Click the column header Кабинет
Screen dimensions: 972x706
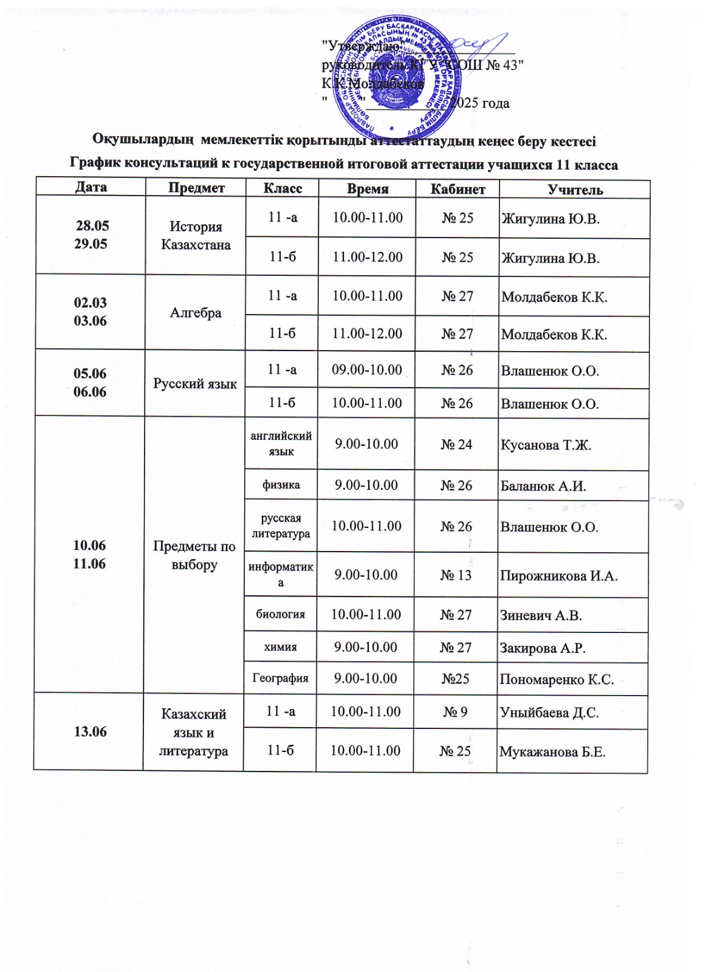pyautogui.click(x=458, y=189)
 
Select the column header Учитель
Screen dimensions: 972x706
pyautogui.click(x=575, y=190)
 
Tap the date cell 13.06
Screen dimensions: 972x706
pyautogui.click(x=90, y=731)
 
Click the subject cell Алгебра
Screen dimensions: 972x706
pyautogui.click(x=196, y=313)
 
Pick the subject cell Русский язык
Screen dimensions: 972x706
pyautogui.click(x=195, y=383)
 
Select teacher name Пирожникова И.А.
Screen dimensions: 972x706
pyautogui.click(x=558, y=576)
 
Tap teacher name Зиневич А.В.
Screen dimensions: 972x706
pyautogui.click(x=541, y=615)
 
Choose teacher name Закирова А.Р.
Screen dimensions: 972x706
pyautogui.click(x=543, y=648)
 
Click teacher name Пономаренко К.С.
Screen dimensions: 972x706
pyautogui.click(x=557, y=679)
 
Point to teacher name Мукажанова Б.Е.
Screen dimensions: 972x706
pyautogui.click(x=552, y=752)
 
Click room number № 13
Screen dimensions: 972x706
pyautogui.click(x=456, y=575)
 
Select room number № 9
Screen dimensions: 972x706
pyautogui.click(x=455, y=711)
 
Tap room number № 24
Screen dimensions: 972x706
pyautogui.click(x=456, y=444)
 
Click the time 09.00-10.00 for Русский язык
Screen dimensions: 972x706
pyautogui.click(x=367, y=369)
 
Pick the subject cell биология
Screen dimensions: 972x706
pyautogui.click(x=280, y=614)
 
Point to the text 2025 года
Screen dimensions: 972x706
pyautogui.click(x=481, y=103)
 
